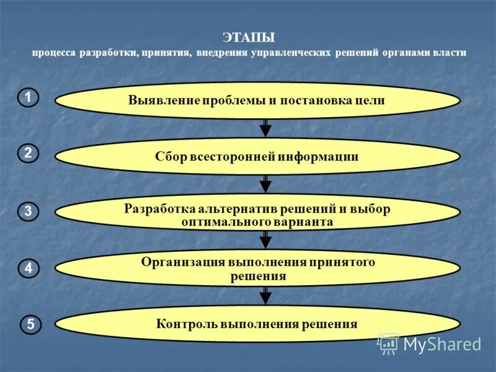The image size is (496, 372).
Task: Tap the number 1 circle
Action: pos(28,97)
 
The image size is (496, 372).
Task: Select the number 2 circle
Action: pos(28,153)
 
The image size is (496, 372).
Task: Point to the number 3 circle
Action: pos(28,211)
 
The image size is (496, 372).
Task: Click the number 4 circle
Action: pos(28,268)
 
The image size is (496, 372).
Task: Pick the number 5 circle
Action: pos(31,324)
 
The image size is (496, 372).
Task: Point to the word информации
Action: pos(319,157)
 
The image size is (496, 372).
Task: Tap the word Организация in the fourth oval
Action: pos(176,262)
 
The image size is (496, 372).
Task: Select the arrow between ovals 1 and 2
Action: pos(265,127)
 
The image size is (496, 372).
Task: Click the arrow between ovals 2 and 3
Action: pos(265,184)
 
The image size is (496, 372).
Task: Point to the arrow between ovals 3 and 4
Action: pos(265,239)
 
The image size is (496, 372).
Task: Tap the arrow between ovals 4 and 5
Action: pos(265,295)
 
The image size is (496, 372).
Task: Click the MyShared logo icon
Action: pos(389,343)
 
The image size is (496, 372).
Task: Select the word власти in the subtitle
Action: pos(449,53)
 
